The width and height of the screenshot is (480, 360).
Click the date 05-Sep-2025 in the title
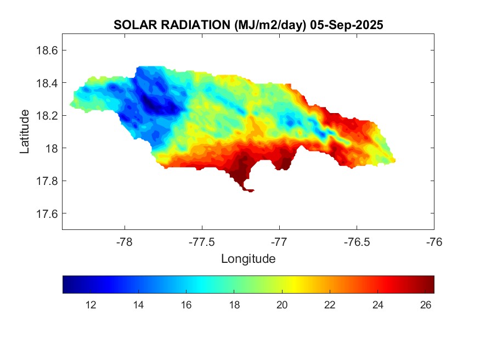(346, 25)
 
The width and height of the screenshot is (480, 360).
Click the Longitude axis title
(248, 258)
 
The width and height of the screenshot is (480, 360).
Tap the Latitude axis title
(25, 131)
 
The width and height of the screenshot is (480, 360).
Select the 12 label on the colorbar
(91, 305)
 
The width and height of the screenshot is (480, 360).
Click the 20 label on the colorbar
(282, 305)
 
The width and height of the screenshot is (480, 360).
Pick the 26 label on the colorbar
(425, 305)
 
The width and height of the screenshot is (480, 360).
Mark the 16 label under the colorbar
(187, 305)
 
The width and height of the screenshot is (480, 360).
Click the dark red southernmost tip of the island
(250, 190)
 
